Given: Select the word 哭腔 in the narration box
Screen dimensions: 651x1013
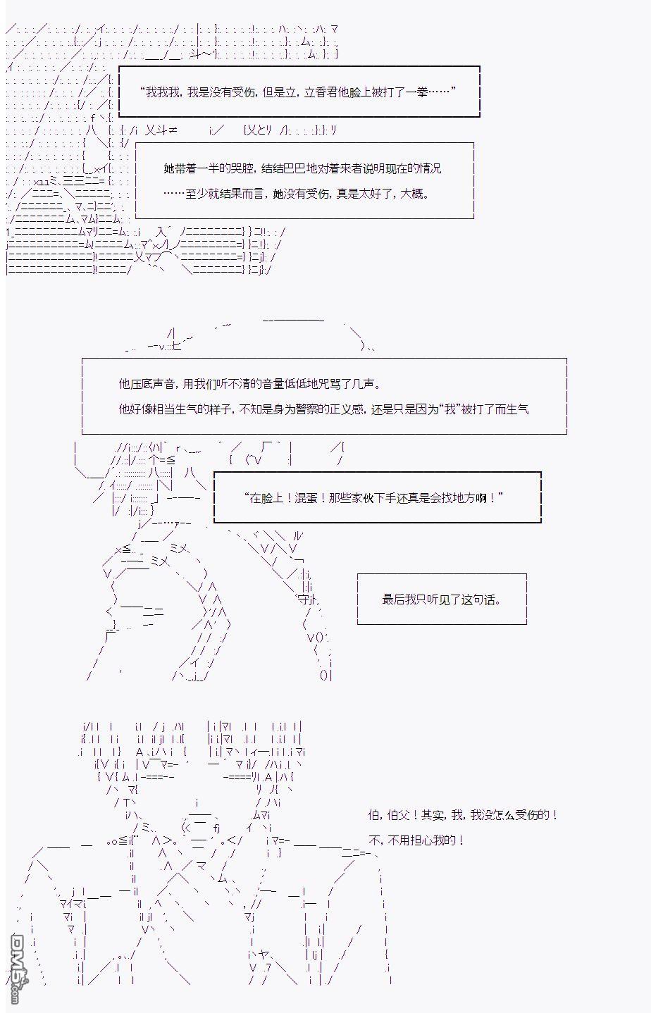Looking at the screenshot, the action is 242,168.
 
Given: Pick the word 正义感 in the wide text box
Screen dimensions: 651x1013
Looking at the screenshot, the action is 347,410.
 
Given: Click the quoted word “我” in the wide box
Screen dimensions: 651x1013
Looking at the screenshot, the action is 449,410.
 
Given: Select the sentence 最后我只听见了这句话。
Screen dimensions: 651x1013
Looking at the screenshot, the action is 442,599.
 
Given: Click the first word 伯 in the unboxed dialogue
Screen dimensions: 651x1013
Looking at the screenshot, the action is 373,815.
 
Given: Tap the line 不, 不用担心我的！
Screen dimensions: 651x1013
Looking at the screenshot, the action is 416,840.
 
